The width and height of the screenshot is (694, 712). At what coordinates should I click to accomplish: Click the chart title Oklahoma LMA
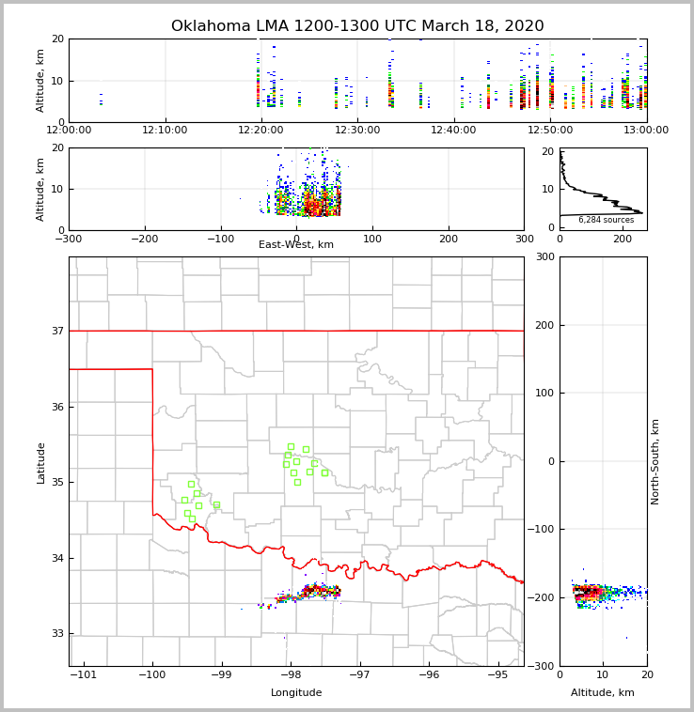coord(357,26)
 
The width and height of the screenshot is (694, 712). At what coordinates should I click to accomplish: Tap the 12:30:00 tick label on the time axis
coord(357,131)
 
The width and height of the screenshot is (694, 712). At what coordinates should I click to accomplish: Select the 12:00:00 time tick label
coord(69,131)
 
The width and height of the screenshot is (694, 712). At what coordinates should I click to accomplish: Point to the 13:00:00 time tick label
coord(646,131)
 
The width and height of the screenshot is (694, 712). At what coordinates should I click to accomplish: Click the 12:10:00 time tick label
coord(166,131)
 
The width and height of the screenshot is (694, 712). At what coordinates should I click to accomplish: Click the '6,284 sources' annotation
coord(606,220)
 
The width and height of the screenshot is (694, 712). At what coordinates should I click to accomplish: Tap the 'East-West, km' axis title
coord(296,245)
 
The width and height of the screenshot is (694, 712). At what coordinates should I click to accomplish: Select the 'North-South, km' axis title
coord(655,461)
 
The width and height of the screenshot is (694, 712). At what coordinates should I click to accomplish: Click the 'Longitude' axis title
coord(296,693)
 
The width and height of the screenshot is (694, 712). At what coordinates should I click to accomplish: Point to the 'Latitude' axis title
coord(40,462)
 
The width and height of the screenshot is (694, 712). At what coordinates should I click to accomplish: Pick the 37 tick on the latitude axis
coord(56,331)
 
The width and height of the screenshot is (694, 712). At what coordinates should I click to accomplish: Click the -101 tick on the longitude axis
coord(84,674)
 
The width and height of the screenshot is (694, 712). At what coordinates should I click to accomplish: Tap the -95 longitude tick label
coord(497,674)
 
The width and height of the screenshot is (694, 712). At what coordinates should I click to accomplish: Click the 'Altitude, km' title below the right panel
coord(603,693)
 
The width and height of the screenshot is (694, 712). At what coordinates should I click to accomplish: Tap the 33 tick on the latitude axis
coord(56,633)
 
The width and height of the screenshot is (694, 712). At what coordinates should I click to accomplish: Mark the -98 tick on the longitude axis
coord(291,674)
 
